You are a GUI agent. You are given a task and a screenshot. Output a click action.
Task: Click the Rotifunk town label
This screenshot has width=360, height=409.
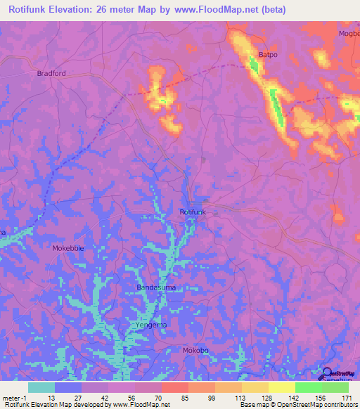192,212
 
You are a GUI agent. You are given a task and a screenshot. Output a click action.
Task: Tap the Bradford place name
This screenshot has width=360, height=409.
51,72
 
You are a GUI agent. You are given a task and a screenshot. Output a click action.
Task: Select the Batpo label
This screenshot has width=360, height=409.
269,54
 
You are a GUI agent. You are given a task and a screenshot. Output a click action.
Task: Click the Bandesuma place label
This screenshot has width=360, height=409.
155,287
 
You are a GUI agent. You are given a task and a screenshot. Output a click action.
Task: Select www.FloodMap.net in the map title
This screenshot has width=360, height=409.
224,9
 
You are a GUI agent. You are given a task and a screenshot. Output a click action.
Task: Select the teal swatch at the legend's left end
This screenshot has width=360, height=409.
41,387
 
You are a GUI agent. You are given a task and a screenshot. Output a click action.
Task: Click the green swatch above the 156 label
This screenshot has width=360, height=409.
308,387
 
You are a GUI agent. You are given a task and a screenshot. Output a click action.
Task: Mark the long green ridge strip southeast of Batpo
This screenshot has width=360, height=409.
277,105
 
